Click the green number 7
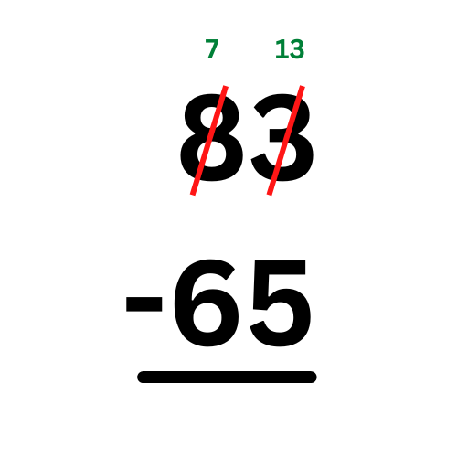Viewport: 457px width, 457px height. click(212, 48)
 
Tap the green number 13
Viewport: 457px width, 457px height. click(290, 48)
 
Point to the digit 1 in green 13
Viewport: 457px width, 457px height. click(281, 48)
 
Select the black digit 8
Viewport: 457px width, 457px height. click(212, 137)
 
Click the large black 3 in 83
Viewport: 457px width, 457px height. click(282, 137)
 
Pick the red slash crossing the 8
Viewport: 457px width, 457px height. click(209, 140)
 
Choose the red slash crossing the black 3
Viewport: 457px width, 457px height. click(286, 140)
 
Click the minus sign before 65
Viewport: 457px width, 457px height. click(144, 304)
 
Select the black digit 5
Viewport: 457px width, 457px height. click(281, 303)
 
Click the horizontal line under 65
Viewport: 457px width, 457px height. click(227, 377)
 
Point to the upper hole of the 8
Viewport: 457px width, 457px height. click(211, 117)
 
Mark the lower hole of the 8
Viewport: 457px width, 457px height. click(211, 154)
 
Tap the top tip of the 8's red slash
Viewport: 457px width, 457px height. click(226, 86)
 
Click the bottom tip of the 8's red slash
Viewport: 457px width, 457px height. click(193, 195)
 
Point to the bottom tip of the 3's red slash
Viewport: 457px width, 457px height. click(270, 195)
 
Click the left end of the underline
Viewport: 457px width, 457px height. click(138, 377)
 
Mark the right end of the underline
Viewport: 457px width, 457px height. click(315, 377)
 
